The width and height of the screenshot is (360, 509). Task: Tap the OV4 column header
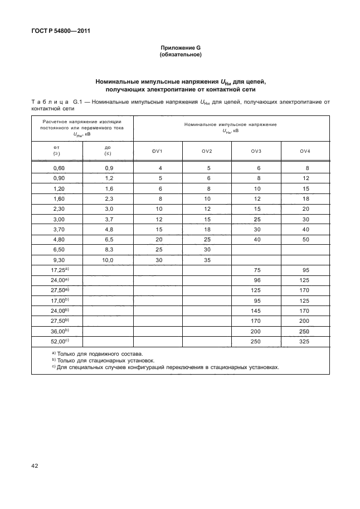pyautogui.click(x=304, y=152)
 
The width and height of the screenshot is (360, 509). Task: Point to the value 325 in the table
pyautogui.click(x=304, y=340)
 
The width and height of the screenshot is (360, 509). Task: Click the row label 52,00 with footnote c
pyautogui.click(x=59, y=340)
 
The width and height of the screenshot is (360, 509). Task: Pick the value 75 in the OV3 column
pyautogui.click(x=256, y=270)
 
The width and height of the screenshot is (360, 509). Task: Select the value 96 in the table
pyautogui.click(x=256, y=280)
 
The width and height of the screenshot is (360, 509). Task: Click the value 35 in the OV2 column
pyautogui.click(x=207, y=260)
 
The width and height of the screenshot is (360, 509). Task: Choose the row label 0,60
pyautogui.click(x=59, y=168)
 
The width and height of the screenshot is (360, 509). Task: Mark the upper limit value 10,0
pyautogui.click(x=108, y=260)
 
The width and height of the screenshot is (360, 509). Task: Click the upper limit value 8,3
pyautogui.click(x=108, y=250)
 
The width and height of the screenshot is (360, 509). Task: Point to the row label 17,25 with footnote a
pyautogui.click(x=59, y=270)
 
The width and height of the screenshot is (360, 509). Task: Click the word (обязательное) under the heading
pyautogui.click(x=180, y=55)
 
